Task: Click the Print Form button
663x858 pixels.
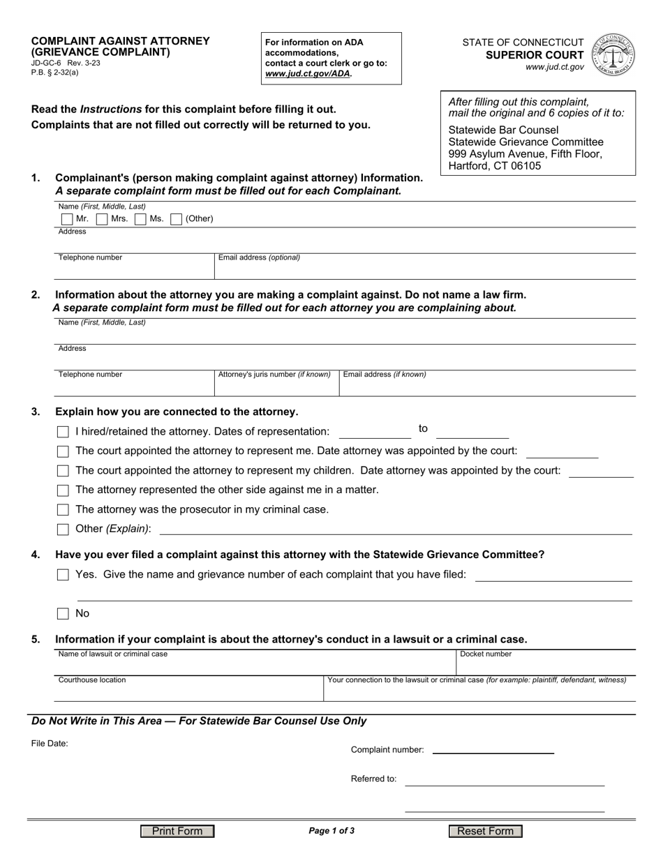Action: [177, 831]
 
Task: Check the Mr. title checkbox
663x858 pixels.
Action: [67, 219]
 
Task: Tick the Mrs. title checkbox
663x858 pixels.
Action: [102, 219]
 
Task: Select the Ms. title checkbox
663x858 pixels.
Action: [140, 219]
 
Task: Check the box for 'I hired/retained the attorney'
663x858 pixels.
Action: [63, 432]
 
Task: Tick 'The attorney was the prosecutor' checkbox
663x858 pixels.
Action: [63, 510]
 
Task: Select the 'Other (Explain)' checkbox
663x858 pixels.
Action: [63, 529]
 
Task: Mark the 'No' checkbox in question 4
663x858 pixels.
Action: [63, 614]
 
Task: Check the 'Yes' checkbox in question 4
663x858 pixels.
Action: [63, 575]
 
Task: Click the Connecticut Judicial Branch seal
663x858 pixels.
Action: [613, 55]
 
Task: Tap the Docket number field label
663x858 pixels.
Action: [485, 654]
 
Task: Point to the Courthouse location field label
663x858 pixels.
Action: [92, 680]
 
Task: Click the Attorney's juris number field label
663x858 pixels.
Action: [274, 375]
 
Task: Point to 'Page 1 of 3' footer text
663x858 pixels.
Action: [331, 831]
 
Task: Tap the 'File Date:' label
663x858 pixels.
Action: [50, 744]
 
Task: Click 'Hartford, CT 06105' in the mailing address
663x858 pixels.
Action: [495, 166]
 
